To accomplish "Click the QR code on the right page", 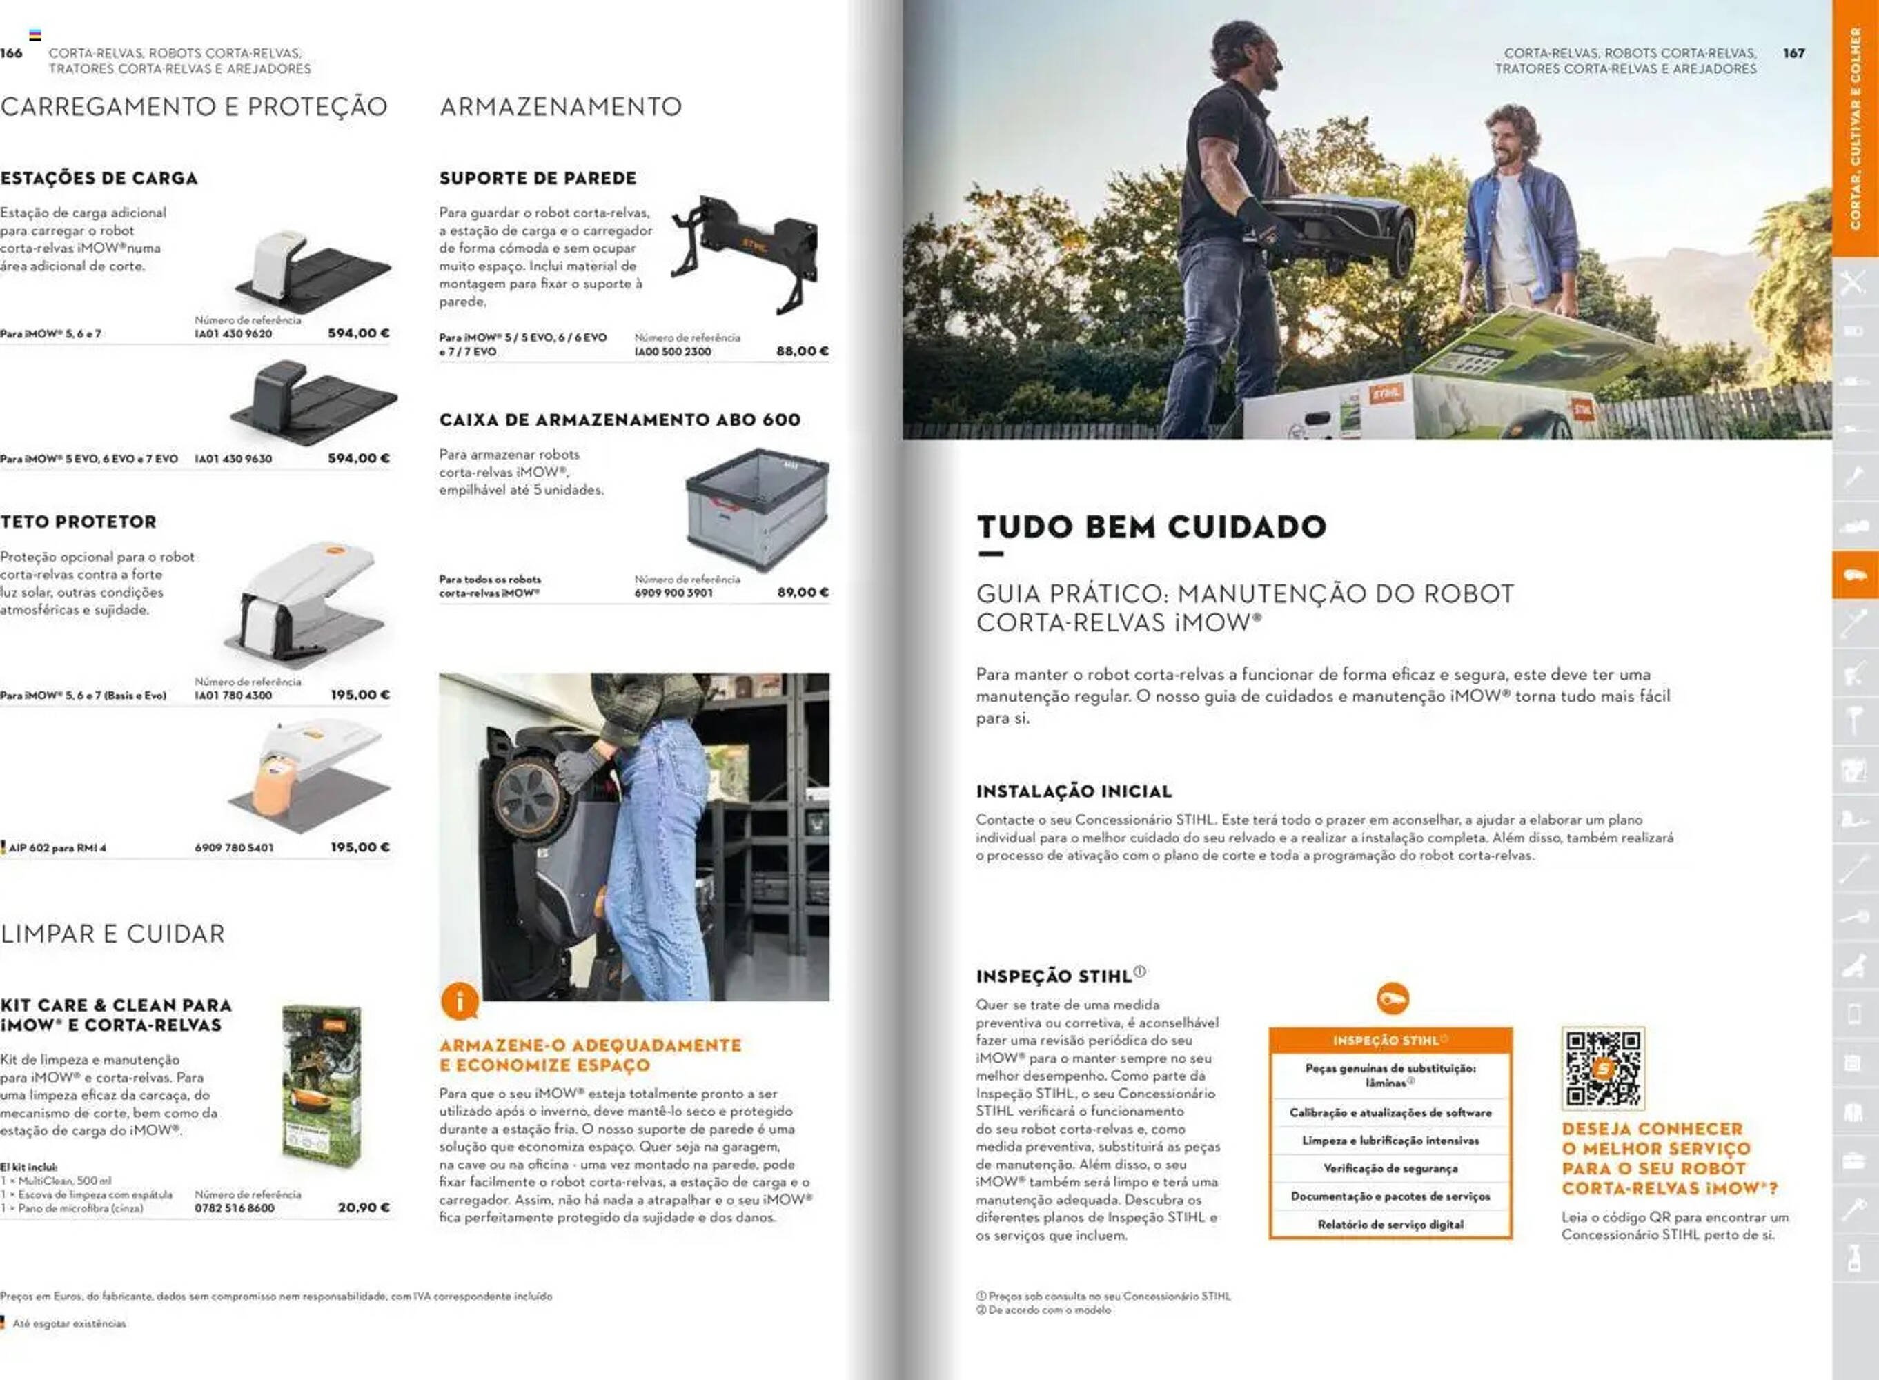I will [1602, 1068].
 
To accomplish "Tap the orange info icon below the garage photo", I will [460, 1000].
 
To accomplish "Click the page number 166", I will [12, 53].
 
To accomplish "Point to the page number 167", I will [1794, 53].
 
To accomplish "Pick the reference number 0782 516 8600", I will [234, 1208].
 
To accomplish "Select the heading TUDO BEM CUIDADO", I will [1151, 527].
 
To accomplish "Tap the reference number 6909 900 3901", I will [673, 593].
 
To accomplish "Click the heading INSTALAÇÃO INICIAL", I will [1074, 791].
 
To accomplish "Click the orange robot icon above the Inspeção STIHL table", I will [1392, 998].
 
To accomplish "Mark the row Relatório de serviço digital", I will [1390, 1225].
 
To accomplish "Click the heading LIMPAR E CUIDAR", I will [112, 934].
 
